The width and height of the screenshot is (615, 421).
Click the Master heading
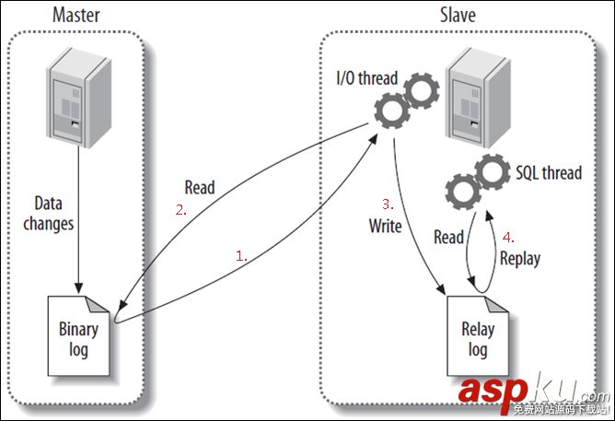[77, 15]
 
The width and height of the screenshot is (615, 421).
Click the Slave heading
[458, 15]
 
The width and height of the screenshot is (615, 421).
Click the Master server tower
[79, 101]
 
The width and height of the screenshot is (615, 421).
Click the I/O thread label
[366, 77]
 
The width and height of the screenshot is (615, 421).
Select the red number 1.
[241, 258]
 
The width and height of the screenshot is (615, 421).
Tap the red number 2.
[181, 209]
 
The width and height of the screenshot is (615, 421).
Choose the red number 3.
[388, 203]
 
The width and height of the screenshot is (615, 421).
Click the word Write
[385, 227]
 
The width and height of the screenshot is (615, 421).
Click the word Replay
[520, 259]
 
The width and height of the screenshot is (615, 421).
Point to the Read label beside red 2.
[199, 188]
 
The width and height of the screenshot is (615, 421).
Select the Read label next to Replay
[448, 238]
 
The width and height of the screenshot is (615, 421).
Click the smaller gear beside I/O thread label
[421, 89]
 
